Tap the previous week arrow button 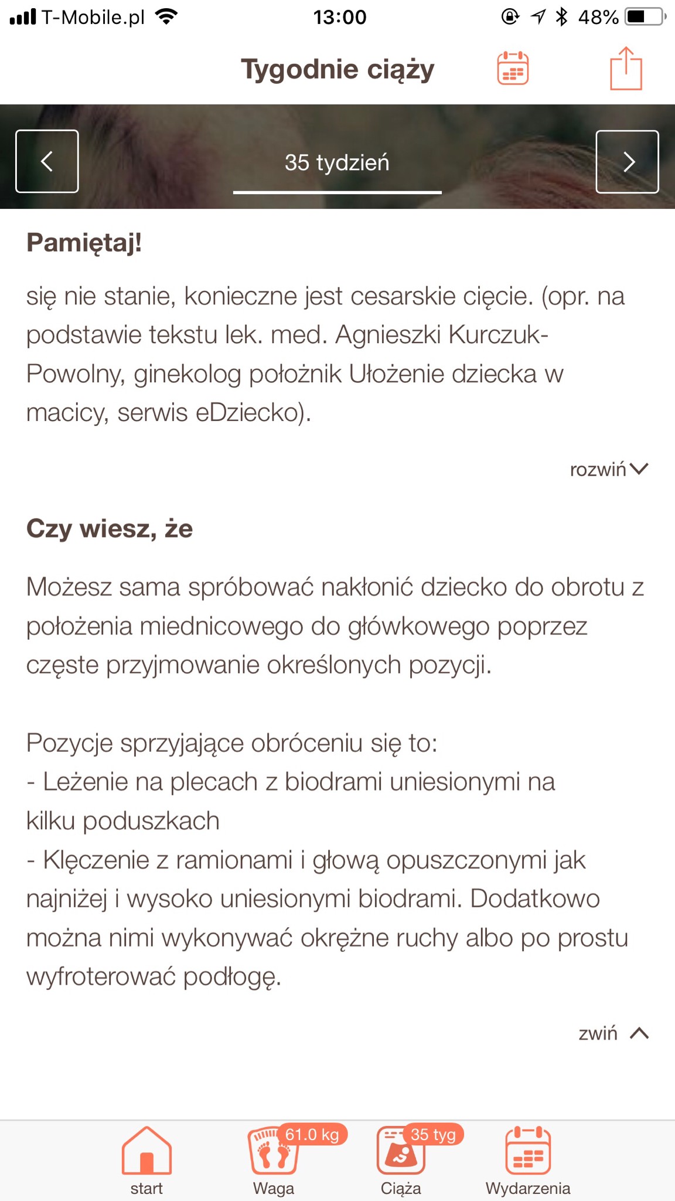coord(47,161)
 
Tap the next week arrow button coord(627,162)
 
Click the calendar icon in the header coord(513,69)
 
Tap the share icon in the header coord(626,69)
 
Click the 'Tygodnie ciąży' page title coord(337,69)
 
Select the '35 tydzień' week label coord(337,162)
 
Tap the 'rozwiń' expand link coord(609,469)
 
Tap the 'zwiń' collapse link coord(613,1033)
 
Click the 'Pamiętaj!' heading coord(84,243)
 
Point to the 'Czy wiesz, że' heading coord(110,528)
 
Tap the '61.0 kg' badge coord(312,1135)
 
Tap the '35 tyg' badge coord(433,1135)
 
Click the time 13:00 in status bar coord(340,17)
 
